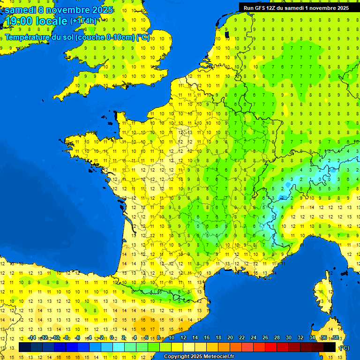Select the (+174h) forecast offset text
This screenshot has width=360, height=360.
[x=83, y=21]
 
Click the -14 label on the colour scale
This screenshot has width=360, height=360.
[x=31, y=337]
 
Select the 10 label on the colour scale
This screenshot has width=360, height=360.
[x=172, y=337]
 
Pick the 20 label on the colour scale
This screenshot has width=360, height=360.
[x=230, y=337]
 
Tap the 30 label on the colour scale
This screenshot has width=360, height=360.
[x=288, y=337]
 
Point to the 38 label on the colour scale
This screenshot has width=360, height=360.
[x=335, y=337]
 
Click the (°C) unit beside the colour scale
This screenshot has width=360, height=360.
[x=344, y=347]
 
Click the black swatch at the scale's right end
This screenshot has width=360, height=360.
[x=330, y=347]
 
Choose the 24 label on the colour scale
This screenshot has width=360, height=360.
[x=254, y=337]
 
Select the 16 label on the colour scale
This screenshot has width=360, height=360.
[x=207, y=337]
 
